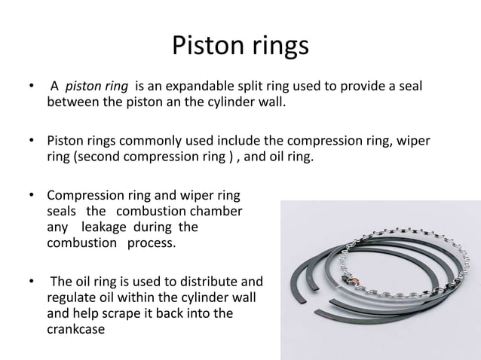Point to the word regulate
[72, 297]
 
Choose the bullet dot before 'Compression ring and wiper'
[32, 197]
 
